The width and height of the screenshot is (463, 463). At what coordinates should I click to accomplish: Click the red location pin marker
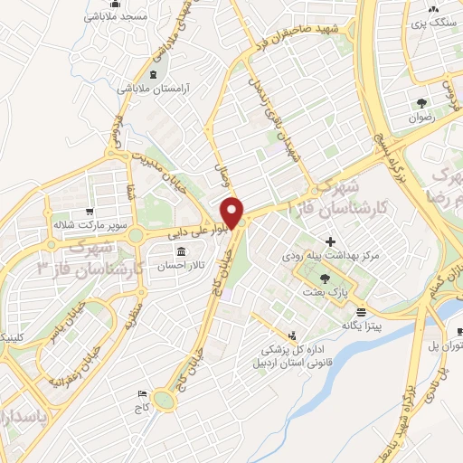(x=233, y=212)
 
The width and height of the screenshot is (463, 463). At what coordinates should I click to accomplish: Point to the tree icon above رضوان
(x=421, y=102)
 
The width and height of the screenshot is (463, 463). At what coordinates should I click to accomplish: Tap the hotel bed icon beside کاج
(x=141, y=394)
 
